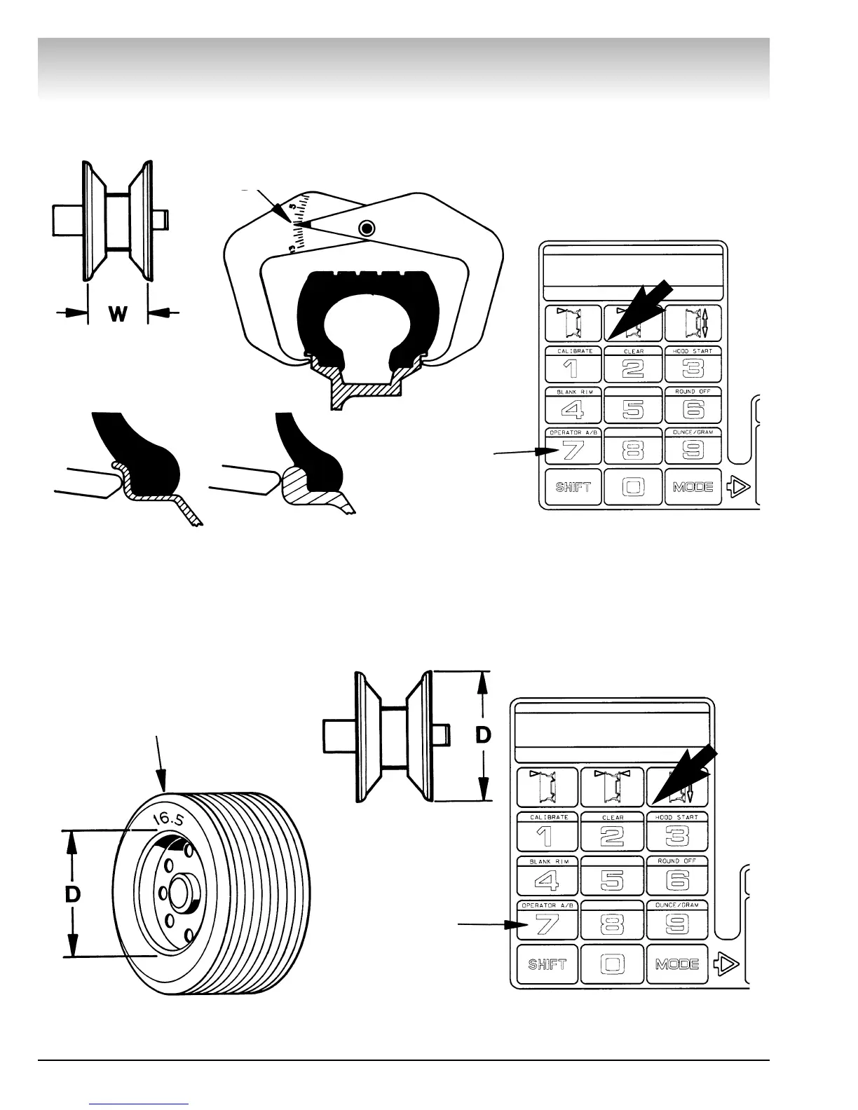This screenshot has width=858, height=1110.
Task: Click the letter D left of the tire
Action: [73, 894]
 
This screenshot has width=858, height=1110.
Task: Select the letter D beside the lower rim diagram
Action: [483, 735]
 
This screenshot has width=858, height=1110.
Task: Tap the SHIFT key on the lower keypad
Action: [547, 964]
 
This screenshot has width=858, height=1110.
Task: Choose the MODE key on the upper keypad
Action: [693, 486]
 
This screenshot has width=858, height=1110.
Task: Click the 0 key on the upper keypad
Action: [633, 486]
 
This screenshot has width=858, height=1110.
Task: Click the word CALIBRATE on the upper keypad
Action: [575, 351]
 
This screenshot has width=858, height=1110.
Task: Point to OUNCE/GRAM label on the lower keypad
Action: [677, 905]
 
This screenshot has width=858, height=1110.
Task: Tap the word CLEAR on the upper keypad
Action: [633, 351]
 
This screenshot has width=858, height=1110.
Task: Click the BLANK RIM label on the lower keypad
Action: [547, 861]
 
